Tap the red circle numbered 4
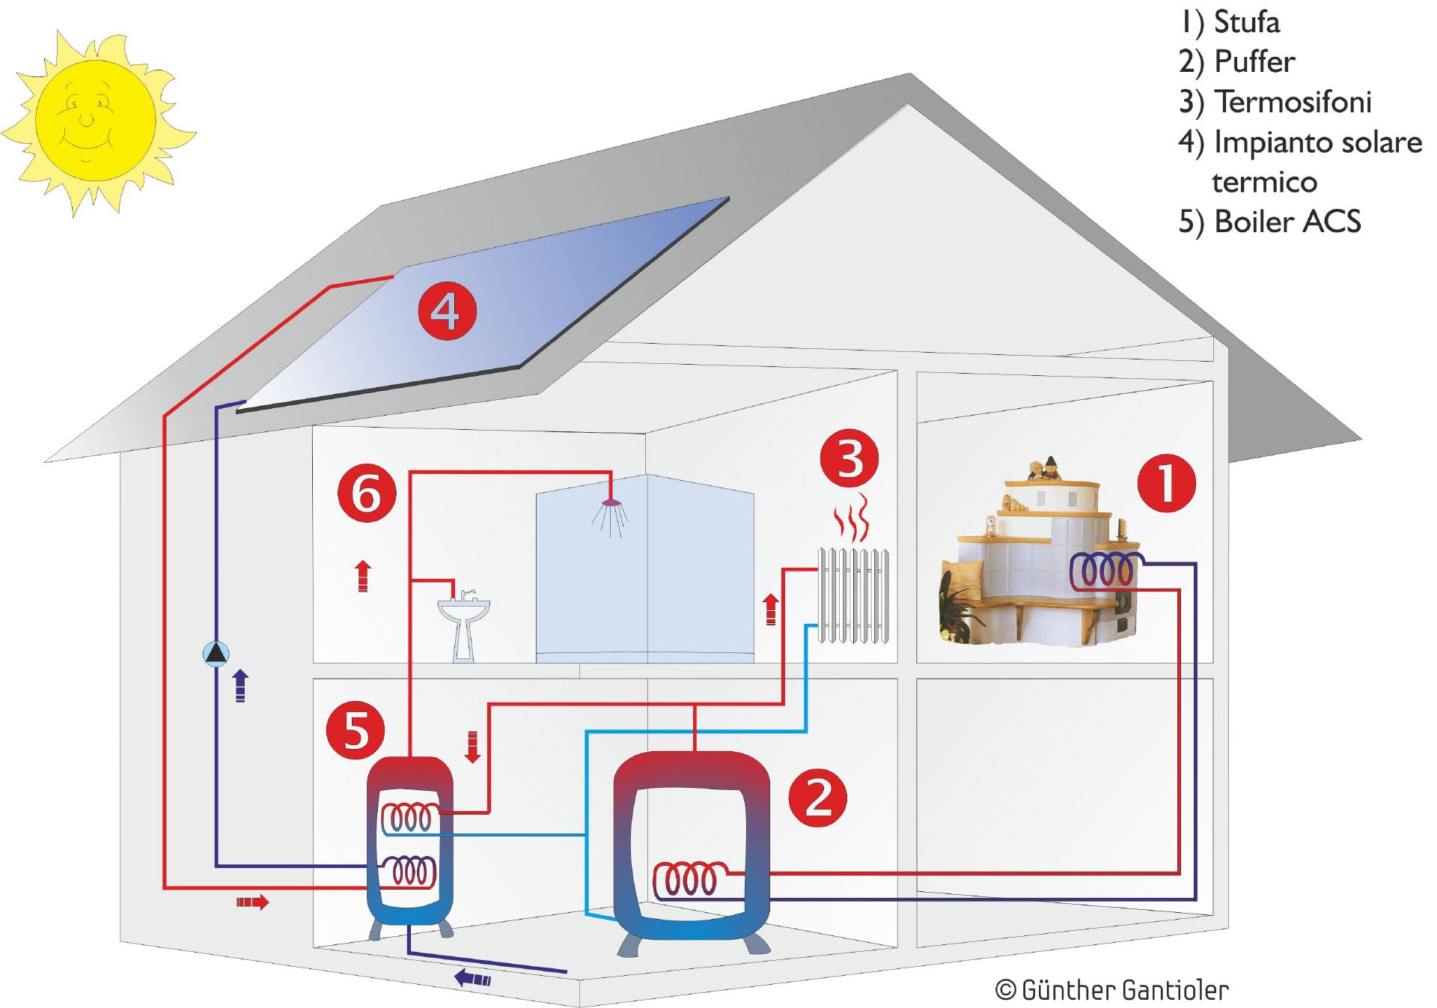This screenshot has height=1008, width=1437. tap(447, 311)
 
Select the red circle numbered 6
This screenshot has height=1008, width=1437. tap(367, 494)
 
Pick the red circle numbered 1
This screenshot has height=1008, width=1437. tap(1165, 483)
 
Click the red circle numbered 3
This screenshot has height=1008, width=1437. tap(849, 458)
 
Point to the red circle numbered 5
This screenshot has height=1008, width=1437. tap(356, 730)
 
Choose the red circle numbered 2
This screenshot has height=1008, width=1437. tap(817, 798)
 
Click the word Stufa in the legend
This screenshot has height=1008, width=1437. tap(1246, 22)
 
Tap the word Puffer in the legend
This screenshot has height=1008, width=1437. tap(1254, 61)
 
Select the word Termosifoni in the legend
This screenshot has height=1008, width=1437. tap(1293, 102)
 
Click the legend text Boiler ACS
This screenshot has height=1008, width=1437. tap(1287, 222)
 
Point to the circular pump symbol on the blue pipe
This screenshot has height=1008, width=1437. tap(216, 654)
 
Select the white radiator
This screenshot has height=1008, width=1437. tap(853, 596)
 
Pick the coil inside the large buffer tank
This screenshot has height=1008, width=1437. tap(689, 880)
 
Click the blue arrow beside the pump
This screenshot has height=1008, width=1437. tap(240, 684)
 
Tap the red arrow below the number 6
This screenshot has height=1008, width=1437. tap(363, 575)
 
